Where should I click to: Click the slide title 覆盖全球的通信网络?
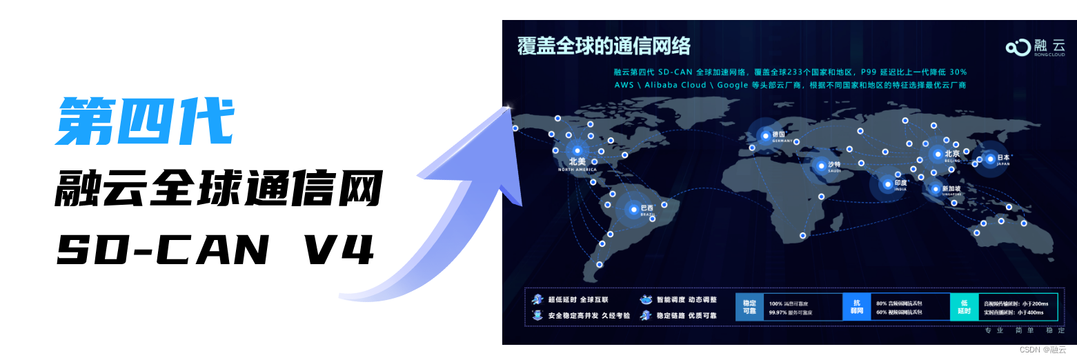pos(604,46)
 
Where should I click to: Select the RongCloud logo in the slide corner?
pos(1035,47)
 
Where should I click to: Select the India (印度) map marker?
pos(887,183)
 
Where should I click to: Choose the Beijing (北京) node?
pos(938,154)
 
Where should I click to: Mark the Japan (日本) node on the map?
pos(991,159)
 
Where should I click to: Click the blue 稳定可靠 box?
pos(749,308)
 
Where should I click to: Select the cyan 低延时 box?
pos(964,308)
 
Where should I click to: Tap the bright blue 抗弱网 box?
pos(857,308)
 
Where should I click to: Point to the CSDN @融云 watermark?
pos(1043,350)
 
